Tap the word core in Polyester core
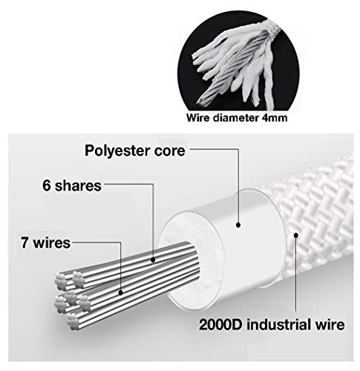pyautogui.click(x=170, y=151)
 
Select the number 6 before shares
pyautogui.click(x=47, y=185)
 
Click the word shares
pyautogui.click(x=78, y=185)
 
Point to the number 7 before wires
pyautogui.click(x=25, y=243)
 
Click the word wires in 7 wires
pyautogui.click(x=52, y=243)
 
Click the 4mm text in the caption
pyautogui.click(x=275, y=118)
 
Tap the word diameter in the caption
pyautogui.click(x=235, y=118)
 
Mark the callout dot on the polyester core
pyautogui.click(x=238, y=225)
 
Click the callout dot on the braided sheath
pyautogui.click(x=295, y=235)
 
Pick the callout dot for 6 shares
pyautogui.click(x=153, y=260)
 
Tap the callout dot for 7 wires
pyautogui.click(x=121, y=292)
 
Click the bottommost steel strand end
pyautogui.click(x=73, y=322)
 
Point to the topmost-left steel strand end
pyautogui.click(x=61, y=281)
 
